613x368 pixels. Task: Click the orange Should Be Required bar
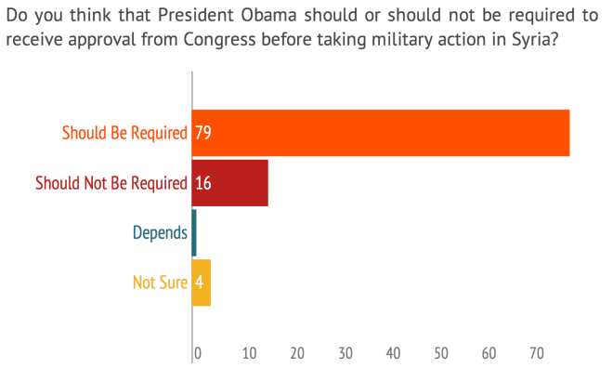[x=381, y=133]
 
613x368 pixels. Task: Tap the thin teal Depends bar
[x=194, y=233]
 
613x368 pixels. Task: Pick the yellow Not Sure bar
[x=202, y=283]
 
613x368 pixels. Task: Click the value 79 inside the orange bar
[x=202, y=133]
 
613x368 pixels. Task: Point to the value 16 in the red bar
[x=202, y=183]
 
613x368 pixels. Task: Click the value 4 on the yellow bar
[x=199, y=283]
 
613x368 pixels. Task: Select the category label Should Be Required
[x=124, y=133]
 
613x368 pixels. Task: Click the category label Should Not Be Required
[x=111, y=183]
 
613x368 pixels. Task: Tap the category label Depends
[x=159, y=233]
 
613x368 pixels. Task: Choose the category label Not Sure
[x=160, y=283]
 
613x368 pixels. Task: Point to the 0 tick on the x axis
[x=197, y=353]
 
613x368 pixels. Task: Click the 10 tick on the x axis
[x=249, y=353]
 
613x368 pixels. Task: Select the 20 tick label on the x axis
[x=297, y=353]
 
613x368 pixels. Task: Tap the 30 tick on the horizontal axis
[x=346, y=353]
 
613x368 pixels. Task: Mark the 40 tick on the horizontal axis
[x=394, y=353]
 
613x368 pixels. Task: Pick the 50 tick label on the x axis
[x=442, y=353]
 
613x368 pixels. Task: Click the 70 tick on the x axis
[x=537, y=353]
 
